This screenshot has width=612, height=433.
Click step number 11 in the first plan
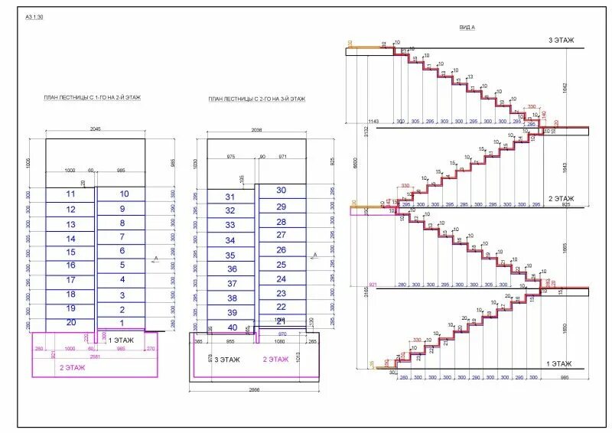(x=71, y=194)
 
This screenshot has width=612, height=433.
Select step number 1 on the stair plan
(x=122, y=323)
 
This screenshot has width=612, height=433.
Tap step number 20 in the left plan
(x=71, y=323)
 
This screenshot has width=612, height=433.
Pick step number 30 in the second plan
(x=281, y=190)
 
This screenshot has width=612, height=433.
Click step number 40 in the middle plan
(x=231, y=328)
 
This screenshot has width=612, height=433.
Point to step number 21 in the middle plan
(x=281, y=321)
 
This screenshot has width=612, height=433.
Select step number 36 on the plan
(x=231, y=269)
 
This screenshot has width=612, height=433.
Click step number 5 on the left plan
(x=122, y=265)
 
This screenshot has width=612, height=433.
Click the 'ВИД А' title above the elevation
(x=467, y=27)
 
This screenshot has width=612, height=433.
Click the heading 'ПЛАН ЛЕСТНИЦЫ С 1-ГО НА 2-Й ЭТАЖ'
(x=93, y=98)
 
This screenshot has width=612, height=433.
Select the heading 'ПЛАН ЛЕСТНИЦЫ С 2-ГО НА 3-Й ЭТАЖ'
(x=257, y=99)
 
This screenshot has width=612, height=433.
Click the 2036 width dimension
(x=256, y=131)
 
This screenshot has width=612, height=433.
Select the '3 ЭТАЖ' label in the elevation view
(x=561, y=40)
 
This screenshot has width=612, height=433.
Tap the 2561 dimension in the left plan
(x=95, y=356)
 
